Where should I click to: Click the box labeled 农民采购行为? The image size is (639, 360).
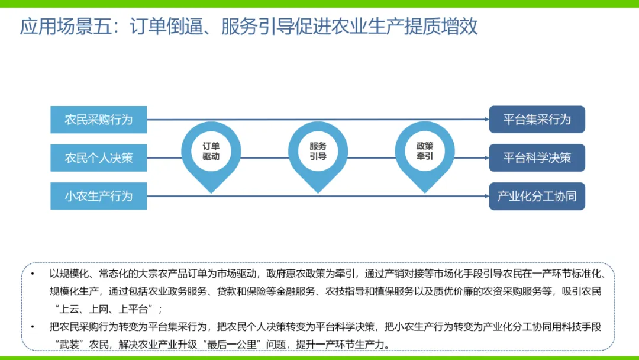[98, 120]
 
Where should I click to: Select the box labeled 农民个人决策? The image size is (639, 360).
[98, 158]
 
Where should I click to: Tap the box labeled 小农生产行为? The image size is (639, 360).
[98, 196]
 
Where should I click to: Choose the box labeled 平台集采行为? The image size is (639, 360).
[537, 120]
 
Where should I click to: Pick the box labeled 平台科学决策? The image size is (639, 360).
[537, 158]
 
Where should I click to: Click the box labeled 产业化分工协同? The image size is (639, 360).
[537, 196]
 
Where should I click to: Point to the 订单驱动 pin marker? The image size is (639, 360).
[211, 152]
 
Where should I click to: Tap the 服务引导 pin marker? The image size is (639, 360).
[318, 152]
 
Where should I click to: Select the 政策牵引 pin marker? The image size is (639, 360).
[425, 152]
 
